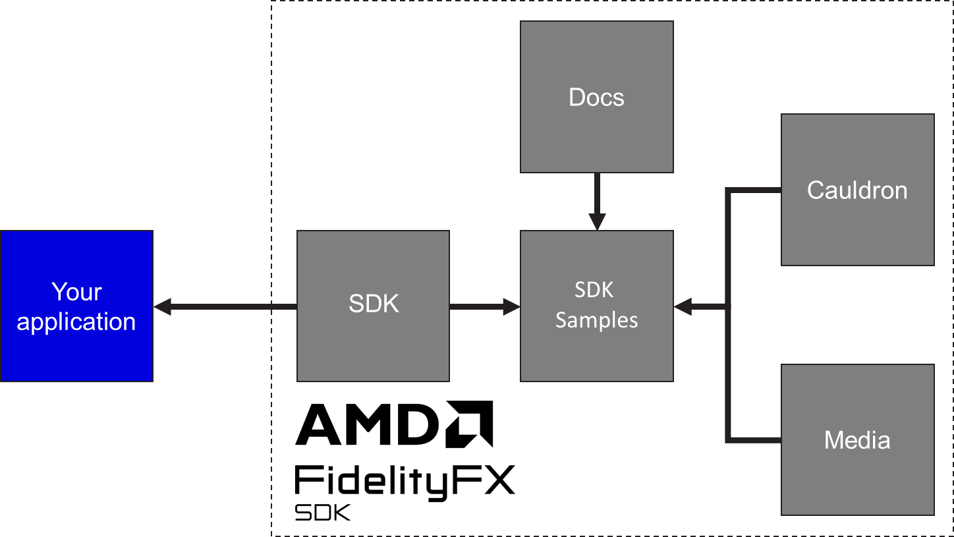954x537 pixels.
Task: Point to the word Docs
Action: [x=596, y=98]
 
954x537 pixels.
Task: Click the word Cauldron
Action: [x=857, y=190]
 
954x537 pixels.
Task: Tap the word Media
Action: [x=857, y=440]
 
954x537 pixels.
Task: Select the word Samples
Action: [x=596, y=320]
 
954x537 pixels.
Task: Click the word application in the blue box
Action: [x=76, y=322]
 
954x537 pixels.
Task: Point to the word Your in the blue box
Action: [x=76, y=292]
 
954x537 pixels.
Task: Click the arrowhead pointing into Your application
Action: [x=163, y=306]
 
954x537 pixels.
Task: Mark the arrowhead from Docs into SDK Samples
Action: [x=597, y=221]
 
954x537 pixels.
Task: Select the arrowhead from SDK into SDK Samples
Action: [x=511, y=306]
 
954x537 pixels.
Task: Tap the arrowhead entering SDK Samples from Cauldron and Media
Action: [x=683, y=306]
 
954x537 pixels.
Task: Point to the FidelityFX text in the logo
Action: [x=405, y=484]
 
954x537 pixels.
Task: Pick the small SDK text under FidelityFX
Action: [x=324, y=513]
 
